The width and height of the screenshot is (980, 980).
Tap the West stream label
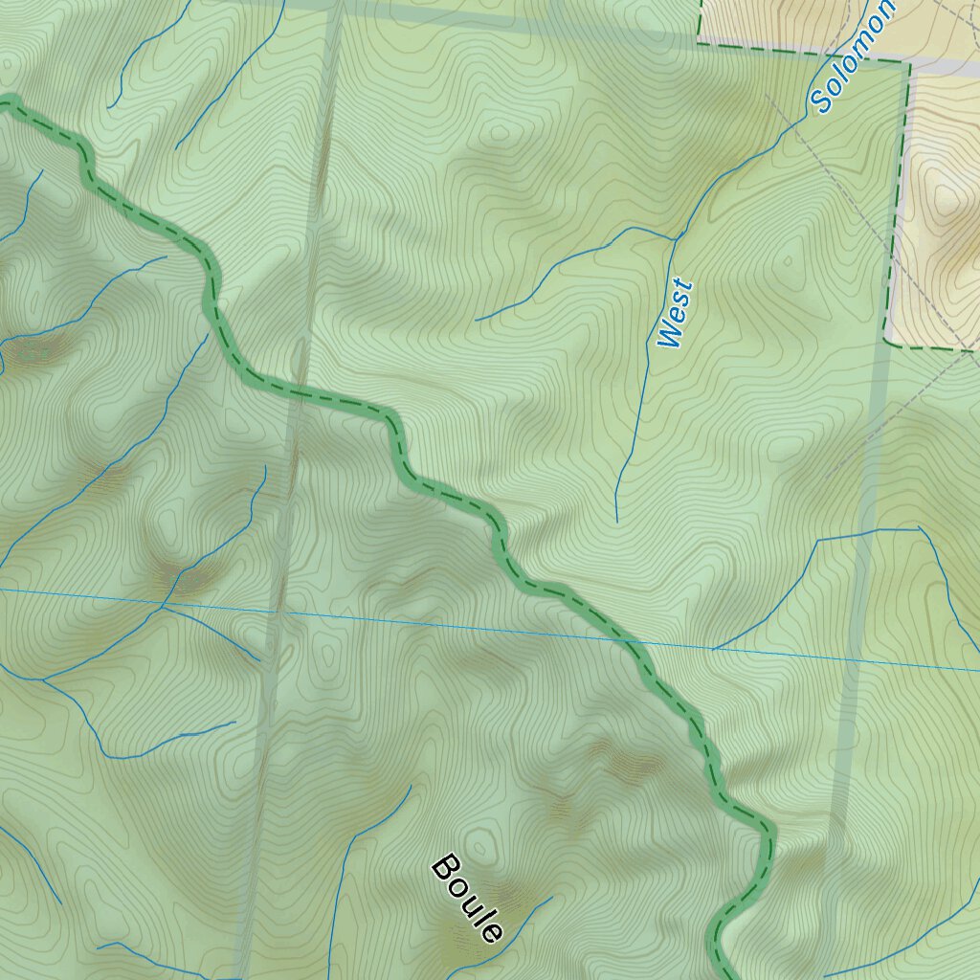coord(675,313)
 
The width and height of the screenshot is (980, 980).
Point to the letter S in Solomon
coord(820,100)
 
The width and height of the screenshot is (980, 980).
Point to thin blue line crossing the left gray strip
coord(278,609)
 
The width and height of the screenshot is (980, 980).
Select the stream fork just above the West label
coord(676,236)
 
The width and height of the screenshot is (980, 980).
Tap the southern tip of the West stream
coord(617,521)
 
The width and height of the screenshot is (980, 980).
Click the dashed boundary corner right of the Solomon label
coord(906,62)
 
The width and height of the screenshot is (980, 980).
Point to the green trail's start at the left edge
coord(5,102)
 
